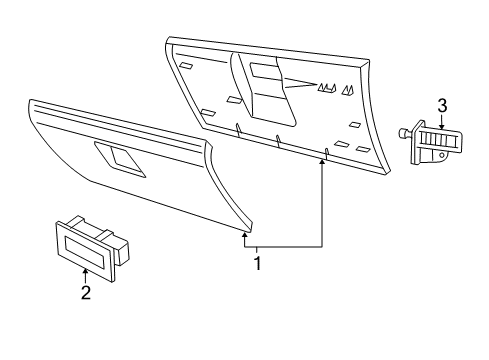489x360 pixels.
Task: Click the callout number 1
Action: click(x=258, y=265)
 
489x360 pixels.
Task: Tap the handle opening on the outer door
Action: click(x=119, y=157)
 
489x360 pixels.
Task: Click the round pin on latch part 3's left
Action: click(x=404, y=132)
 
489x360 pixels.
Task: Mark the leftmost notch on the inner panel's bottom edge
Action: click(x=237, y=127)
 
